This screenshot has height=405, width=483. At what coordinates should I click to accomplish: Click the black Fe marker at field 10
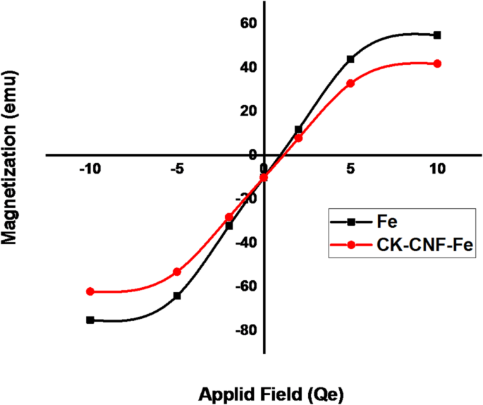click(x=437, y=35)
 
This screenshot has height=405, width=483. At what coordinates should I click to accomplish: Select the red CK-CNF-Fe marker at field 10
click(x=437, y=64)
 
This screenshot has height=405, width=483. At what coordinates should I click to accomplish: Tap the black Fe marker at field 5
click(x=350, y=59)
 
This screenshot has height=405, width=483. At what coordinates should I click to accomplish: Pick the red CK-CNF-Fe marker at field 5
click(x=350, y=83)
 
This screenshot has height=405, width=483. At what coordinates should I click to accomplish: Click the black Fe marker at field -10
click(x=90, y=320)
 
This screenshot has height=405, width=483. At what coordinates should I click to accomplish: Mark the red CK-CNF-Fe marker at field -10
click(x=90, y=291)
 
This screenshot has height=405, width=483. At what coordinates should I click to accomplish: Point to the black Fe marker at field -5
click(x=177, y=296)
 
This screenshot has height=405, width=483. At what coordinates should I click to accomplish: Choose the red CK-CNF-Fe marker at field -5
click(x=177, y=272)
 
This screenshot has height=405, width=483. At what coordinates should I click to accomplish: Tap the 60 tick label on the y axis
click(x=247, y=24)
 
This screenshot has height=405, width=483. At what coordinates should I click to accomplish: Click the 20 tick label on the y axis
click(x=247, y=111)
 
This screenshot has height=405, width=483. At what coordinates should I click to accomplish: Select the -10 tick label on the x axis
click(x=90, y=169)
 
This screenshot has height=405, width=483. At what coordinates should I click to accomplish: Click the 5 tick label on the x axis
click(x=350, y=169)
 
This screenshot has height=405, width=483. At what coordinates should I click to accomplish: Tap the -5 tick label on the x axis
click(x=178, y=169)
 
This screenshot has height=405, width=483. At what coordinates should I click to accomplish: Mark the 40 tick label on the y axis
click(x=247, y=68)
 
